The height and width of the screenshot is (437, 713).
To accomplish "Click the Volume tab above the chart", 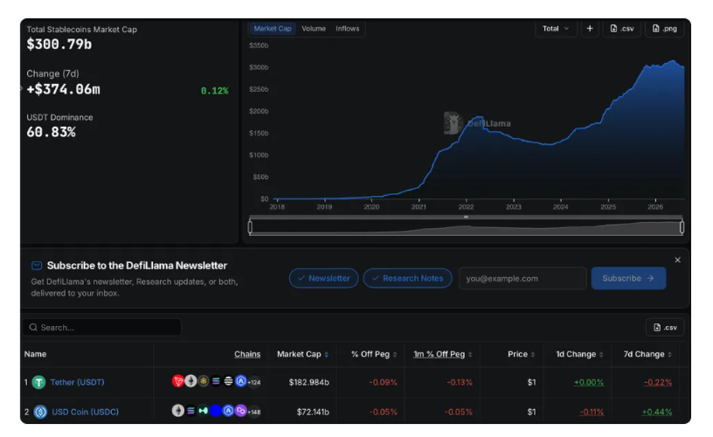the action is tap(314, 28).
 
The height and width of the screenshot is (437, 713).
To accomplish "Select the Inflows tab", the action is tap(347, 28).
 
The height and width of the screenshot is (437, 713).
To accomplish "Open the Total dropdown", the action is tap(556, 28).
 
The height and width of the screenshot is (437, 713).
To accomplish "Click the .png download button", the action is tap(665, 28).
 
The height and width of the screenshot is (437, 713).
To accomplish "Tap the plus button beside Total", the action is tap(589, 28).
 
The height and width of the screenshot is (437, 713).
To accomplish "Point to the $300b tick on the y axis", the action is tap(259, 67).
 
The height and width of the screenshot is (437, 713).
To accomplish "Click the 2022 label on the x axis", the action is tap(466, 207).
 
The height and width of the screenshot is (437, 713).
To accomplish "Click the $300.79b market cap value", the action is tap(59, 44).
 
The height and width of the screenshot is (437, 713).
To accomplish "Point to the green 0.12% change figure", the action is tap(214, 91).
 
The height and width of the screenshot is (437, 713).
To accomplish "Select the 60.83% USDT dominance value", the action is tap(51, 132).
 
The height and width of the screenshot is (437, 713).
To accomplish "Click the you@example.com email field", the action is tap(522, 278).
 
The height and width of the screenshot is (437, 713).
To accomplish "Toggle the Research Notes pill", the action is tap(407, 278).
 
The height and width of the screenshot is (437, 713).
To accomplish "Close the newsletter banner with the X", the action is tap(677, 260).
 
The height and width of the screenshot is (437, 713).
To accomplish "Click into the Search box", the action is tap(102, 327).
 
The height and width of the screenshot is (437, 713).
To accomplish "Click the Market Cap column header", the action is tap(299, 354).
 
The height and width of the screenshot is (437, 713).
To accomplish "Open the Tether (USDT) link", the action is tap(78, 382).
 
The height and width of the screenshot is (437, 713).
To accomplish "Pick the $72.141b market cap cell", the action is tap(313, 412).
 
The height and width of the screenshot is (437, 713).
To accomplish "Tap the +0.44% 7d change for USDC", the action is tap(657, 412).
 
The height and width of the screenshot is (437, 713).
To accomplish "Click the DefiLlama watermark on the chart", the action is tap(478, 123).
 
